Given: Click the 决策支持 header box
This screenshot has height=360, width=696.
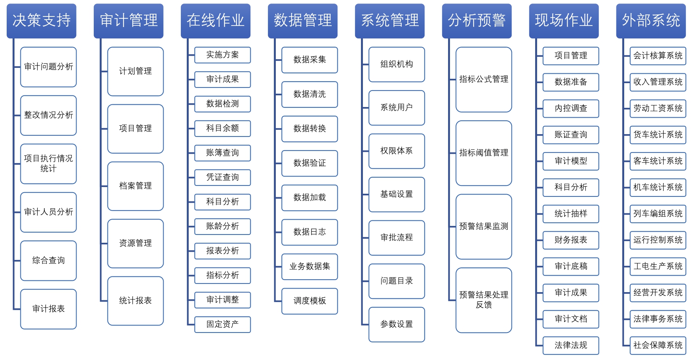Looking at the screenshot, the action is [42, 21].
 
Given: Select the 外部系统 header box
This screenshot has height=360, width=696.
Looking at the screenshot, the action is [651, 21].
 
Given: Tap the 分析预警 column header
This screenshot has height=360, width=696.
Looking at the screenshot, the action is [477, 21].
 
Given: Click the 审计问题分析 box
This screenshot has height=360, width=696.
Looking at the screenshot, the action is [48, 67].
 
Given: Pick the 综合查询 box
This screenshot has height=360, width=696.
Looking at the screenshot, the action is [48, 261].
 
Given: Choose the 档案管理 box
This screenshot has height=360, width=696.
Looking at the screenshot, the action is [135, 186].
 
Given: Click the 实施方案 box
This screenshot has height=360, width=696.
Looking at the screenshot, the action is [222, 55].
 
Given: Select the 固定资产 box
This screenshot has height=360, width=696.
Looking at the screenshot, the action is [222, 324].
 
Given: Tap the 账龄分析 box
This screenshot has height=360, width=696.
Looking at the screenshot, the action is [222, 226].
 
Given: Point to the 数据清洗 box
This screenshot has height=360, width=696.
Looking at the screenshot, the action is [310, 95].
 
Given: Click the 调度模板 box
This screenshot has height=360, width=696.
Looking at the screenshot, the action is [310, 301].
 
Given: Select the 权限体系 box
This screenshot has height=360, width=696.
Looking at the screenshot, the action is [397, 151].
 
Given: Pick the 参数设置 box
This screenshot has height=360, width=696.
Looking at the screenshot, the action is [397, 325].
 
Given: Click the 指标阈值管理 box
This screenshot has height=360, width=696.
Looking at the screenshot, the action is [484, 153].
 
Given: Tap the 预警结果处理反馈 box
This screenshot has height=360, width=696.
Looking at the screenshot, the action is [484, 300].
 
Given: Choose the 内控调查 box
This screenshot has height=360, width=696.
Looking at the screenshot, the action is [571, 109].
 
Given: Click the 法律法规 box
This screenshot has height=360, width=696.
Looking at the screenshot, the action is [571, 345].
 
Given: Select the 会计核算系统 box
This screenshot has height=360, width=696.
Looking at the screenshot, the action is [658, 56].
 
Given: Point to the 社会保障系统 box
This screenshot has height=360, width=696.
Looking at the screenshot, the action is [658, 345].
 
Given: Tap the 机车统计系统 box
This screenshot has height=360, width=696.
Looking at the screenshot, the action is [658, 187].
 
